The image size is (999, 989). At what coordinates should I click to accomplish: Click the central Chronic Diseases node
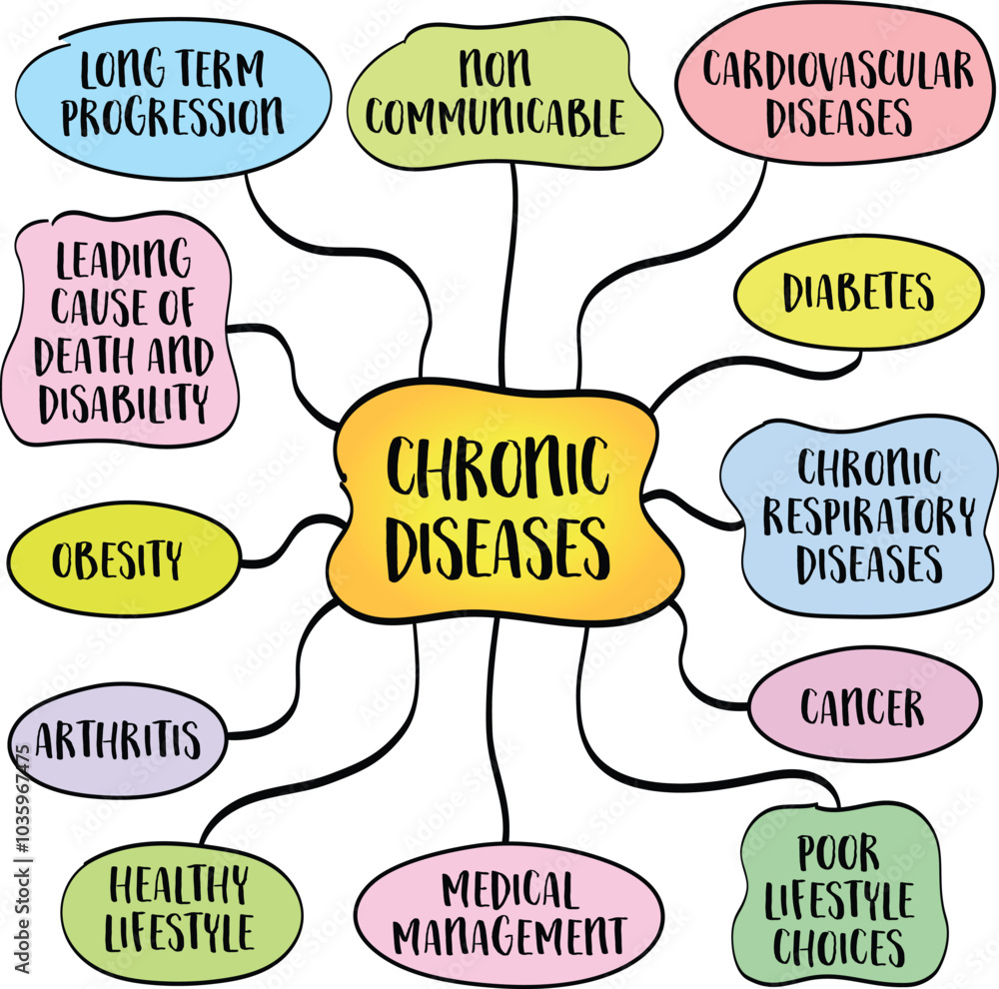[x=504, y=504]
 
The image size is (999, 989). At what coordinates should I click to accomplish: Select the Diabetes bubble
[x=858, y=292]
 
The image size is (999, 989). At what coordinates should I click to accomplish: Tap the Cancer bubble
[x=862, y=707]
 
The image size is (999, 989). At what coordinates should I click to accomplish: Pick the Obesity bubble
[x=118, y=559]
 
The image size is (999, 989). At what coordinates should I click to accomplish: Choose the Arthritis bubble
[x=118, y=740]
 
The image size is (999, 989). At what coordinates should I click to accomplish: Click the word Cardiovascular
[x=837, y=70]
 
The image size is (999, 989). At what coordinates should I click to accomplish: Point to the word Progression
[x=172, y=118]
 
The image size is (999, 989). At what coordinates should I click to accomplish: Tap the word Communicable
[x=495, y=118]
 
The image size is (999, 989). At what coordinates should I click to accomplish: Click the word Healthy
[x=179, y=885]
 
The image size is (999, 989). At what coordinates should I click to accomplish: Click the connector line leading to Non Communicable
[x=510, y=270]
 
